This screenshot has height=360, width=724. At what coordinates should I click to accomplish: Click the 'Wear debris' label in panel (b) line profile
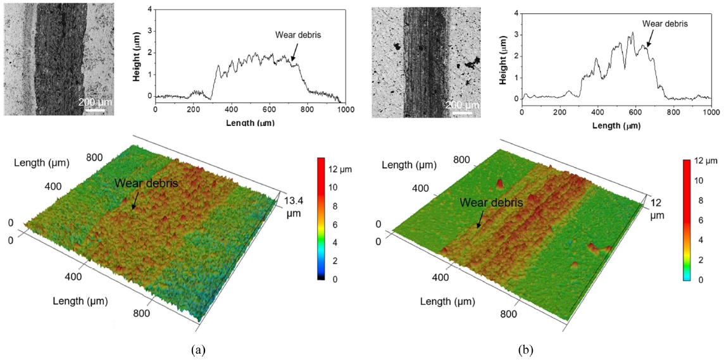pos(665,23)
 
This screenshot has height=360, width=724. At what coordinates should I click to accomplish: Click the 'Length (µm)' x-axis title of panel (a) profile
pos(250,121)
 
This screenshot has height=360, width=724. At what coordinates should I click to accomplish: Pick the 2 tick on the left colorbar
pos(329,261)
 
